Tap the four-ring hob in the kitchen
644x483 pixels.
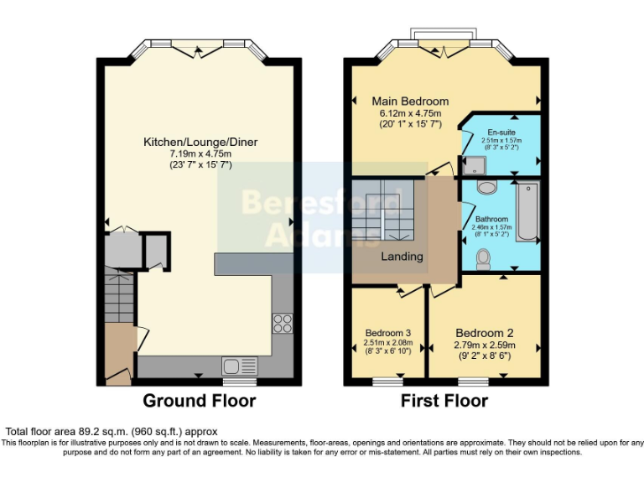coord(283,323)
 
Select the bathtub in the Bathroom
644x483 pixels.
coord(526,212)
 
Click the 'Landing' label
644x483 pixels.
coord(402,257)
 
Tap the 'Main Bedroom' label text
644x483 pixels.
coord(410,101)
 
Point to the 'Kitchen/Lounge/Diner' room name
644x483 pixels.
coord(200,142)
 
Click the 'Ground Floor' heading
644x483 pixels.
coord(200,401)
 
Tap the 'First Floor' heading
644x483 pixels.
coord(444,401)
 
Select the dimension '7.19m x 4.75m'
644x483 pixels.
coord(200,153)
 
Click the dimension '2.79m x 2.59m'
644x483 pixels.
coord(484,345)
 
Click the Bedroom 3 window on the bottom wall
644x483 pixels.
coord(387,382)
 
